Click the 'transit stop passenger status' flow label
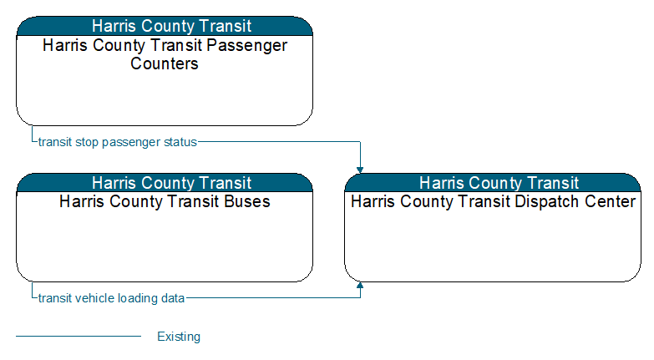click(117, 142)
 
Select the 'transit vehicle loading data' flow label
click(111, 298)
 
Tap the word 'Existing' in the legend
click(179, 337)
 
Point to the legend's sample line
click(79, 336)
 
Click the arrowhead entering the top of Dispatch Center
click(360, 170)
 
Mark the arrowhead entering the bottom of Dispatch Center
click(360, 286)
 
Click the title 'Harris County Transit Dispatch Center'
click(493, 201)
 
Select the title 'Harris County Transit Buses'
click(165, 201)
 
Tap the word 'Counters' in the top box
click(165, 63)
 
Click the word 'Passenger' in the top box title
click(247, 46)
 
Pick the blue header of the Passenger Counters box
click(165, 26)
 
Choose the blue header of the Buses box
click(165, 183)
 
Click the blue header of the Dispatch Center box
click(493, 183)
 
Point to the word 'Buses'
click(247, 201)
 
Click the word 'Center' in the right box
click(610, 201)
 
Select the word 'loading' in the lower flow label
click(136, 299)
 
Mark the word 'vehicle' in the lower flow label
click(94, 298)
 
